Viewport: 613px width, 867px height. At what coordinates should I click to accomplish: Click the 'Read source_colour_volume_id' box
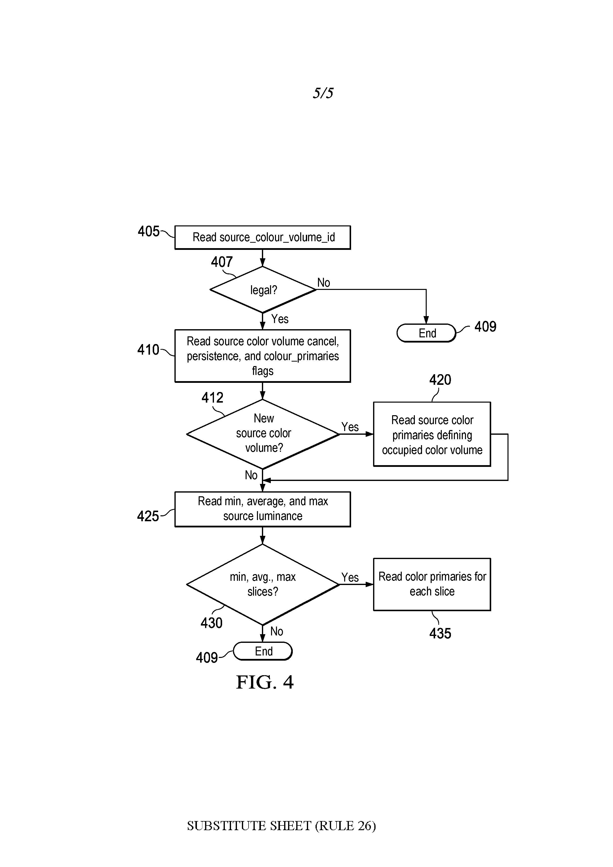click(262, 238)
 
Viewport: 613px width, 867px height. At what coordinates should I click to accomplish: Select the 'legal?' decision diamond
click(263, 290)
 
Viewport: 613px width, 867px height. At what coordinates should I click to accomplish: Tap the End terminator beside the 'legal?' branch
click(426, 333)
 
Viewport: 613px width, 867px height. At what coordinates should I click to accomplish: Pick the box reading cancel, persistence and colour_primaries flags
click(262, 356)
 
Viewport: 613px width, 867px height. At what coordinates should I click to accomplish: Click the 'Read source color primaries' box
click(432, 434)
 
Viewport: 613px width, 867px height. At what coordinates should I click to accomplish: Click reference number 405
click(148, 231)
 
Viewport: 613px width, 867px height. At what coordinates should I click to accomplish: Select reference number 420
click(440, 380)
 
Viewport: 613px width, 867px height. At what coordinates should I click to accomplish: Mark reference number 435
click(440, 633)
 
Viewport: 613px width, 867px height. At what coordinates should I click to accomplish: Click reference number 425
click(148, 516)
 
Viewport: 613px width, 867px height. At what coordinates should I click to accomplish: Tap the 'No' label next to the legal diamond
click(323, 282)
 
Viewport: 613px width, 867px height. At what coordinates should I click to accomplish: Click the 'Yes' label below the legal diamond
click(280, 319)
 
